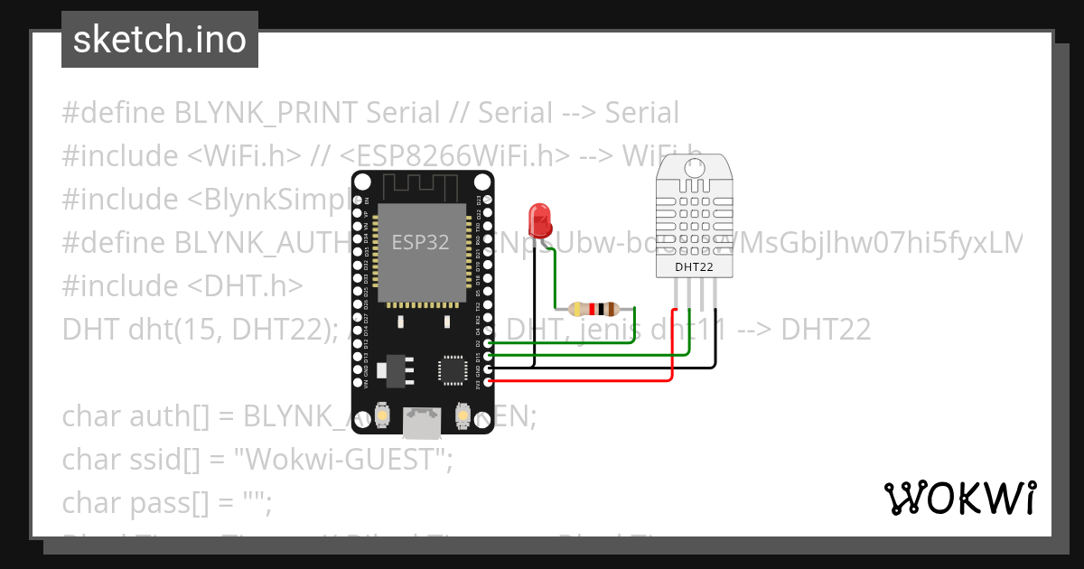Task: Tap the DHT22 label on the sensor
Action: coord(694,266)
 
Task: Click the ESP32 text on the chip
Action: coord(420,242)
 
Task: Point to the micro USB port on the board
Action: coord(422,422)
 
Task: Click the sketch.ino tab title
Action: coord(160,40)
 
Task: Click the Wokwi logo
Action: coord(959,498)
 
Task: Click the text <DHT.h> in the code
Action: coord(245,285)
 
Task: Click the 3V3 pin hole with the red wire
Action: coord(489,381)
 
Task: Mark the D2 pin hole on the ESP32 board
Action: coord(489,343)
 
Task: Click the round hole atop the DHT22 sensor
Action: coord(695,167)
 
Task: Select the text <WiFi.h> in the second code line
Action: coord(245,156)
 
